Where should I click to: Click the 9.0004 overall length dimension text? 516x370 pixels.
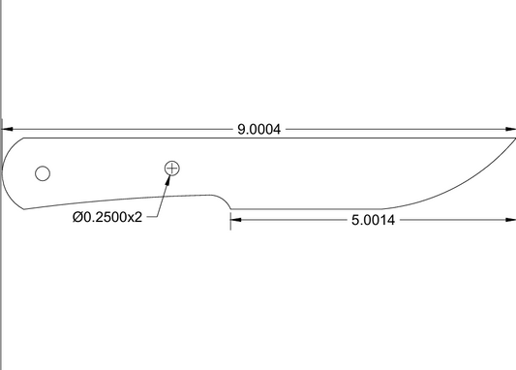point(259,130)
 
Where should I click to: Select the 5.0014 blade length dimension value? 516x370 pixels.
point(373,220)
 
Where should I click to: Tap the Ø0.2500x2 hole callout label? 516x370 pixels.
point(107,217)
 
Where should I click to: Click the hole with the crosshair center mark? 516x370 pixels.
point(171,169)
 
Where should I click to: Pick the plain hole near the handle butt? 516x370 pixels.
point(43,173)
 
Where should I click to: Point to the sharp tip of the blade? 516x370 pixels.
point(515,139)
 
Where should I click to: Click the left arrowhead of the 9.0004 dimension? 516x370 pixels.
point(7,130)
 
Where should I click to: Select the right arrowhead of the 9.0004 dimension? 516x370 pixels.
point(510,130)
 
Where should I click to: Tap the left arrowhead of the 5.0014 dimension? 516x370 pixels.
point(236,220)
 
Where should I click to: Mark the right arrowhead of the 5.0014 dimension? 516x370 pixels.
point(510,220)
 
